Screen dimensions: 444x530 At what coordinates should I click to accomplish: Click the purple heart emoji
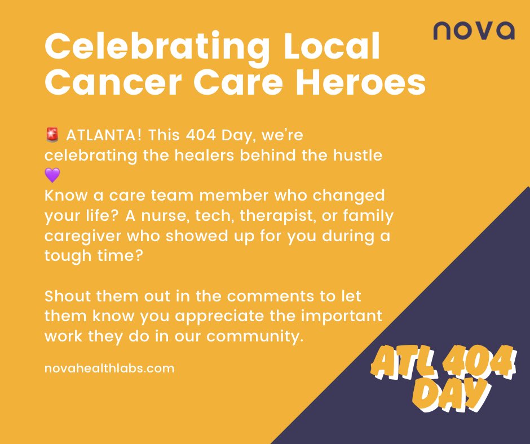(51, 175)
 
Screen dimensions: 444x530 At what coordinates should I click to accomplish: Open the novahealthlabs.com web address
(109, 368)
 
